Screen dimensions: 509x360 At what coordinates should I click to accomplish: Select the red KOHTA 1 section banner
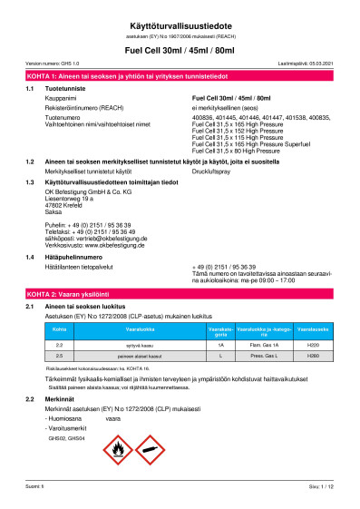180,73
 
